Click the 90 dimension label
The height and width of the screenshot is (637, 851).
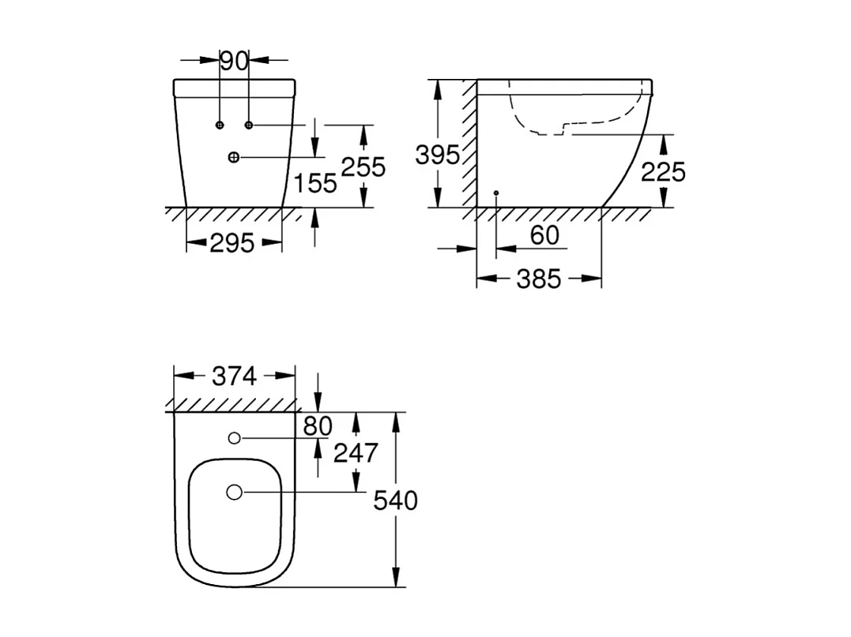(x=234, y=60)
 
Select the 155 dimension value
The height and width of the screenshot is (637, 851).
(x=315, y=183)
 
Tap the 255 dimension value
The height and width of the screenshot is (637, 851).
(x=363, y=167)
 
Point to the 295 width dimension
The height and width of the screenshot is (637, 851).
(x=233, y=243)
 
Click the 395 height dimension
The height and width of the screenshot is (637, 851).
(x=437, y=156)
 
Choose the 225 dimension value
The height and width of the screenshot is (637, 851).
(x=663, y=171)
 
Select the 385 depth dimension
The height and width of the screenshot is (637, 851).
(x=538, y=278)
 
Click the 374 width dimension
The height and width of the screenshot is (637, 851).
(x=234, y=377)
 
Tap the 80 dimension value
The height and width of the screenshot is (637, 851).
(x=318, y=426)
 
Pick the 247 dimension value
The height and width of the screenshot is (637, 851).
(x=356, y=453)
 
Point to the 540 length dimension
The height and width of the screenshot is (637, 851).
(x=395, y=500)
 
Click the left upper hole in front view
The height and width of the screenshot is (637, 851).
(x=220, y=126)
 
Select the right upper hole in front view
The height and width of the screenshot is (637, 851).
(x=249, y=126)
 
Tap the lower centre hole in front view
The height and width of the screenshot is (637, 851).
(x=233, y=157)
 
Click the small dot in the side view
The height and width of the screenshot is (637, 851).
(x=495, y=193)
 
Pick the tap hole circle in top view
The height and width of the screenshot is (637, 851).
(x=234, y=438)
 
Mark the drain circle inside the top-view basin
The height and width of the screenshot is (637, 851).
(x=234, y=492)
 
